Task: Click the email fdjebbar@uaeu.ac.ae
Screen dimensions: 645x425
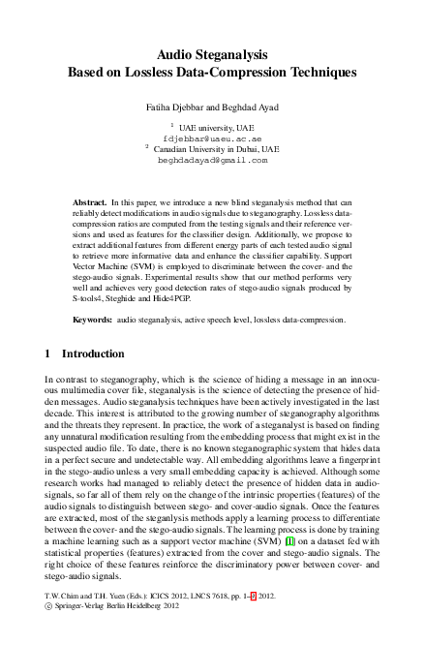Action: tap(212, 138)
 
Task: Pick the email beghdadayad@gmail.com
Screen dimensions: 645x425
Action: tap(212, 162)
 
